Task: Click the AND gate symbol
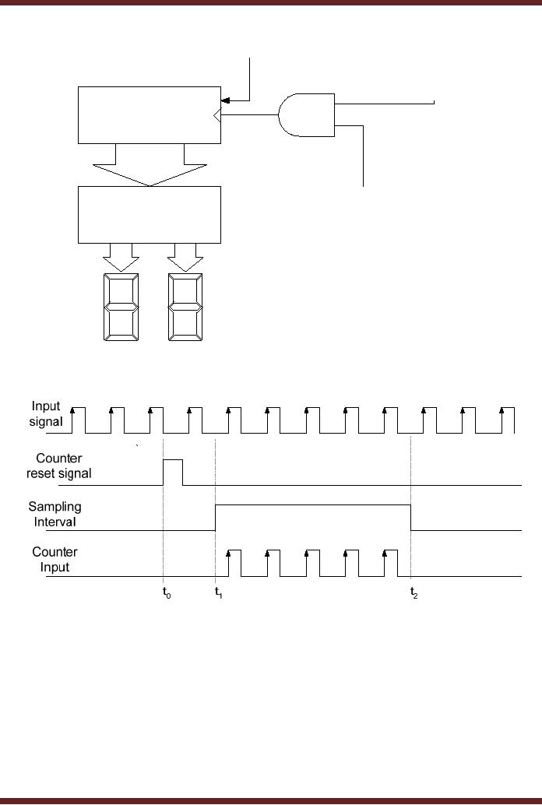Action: point(307,115)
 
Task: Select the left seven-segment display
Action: point(121,307)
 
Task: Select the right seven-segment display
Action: point(185,307)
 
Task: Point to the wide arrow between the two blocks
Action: point(150,166)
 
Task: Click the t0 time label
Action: point(166,592)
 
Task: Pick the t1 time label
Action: point(219,592)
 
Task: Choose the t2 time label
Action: point(414,592)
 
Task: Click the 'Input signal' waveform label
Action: point(47,413)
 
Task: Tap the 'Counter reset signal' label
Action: point(59,466)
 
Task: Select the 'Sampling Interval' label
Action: point(55,514)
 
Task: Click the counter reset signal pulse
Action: point(172,471)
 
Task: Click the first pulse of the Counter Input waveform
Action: point(234,562)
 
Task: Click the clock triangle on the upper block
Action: point(217,116)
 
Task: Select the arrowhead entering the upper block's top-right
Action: point(225,100)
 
